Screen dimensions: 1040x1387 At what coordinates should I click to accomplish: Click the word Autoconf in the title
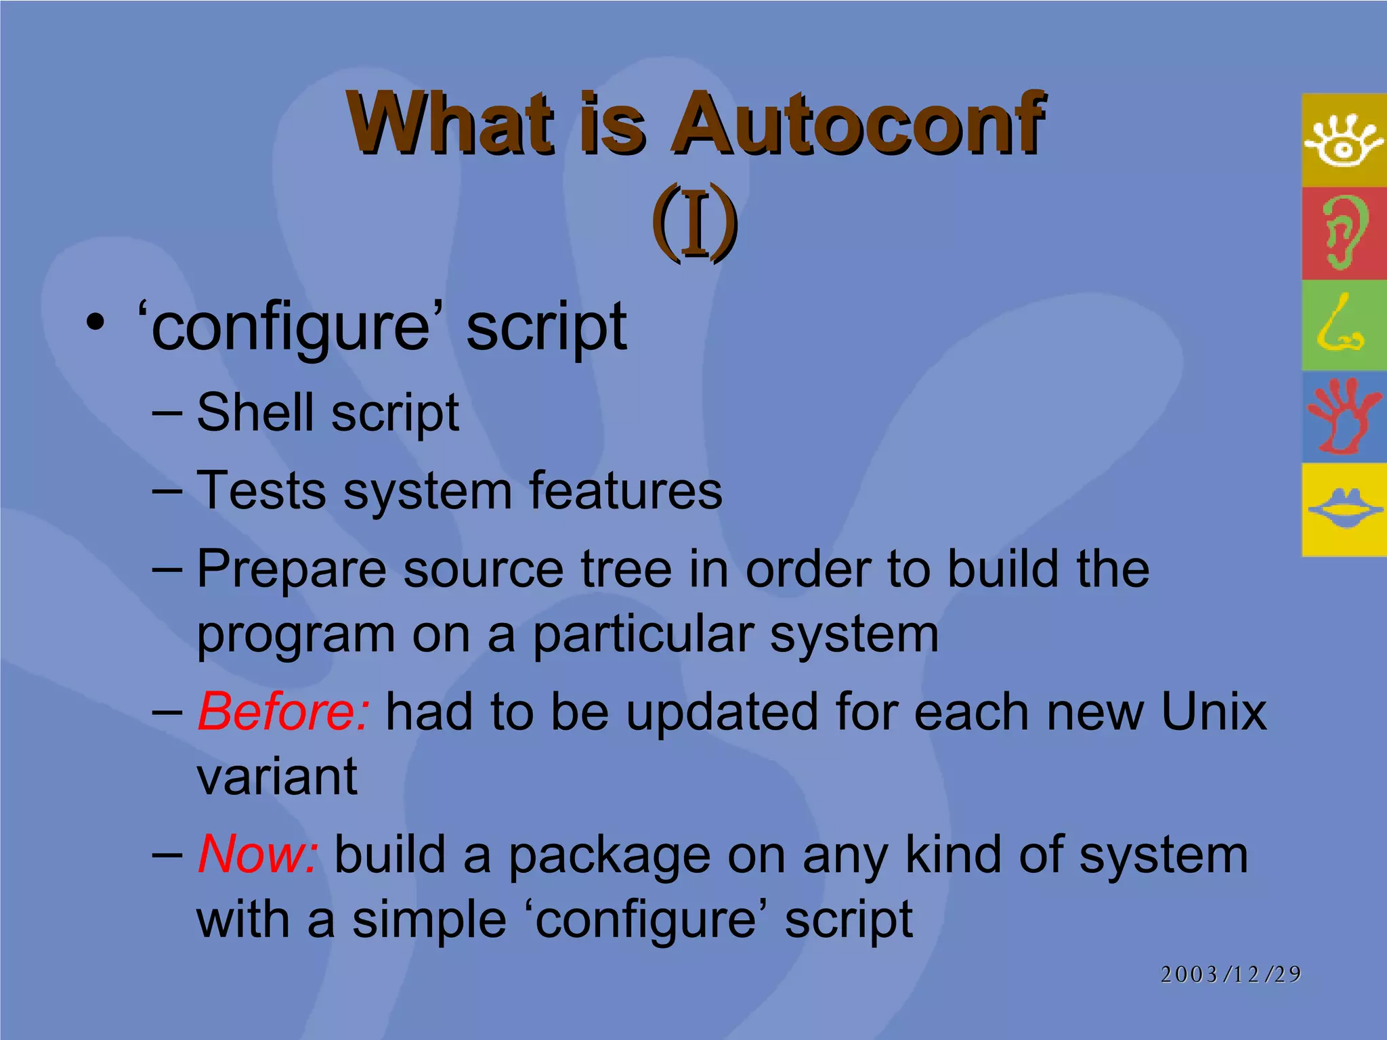click(857, 123)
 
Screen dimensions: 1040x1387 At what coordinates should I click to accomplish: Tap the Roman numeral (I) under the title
click(694, 222)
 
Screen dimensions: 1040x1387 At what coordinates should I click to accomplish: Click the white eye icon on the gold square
click(1344, 141)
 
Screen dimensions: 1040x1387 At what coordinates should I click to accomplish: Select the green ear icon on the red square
click(1344, 232)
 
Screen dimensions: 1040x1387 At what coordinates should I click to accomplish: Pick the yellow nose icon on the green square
click(1340, 326)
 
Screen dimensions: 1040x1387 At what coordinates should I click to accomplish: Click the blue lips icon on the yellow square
click(1344, 509)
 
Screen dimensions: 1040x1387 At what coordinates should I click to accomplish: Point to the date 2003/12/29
click(1231, 974)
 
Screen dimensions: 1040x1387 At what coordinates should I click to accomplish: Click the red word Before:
click(283, 712)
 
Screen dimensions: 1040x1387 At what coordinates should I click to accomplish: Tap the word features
click(624, 490)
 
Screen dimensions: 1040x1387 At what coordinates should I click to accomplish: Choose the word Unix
click(1213, 712)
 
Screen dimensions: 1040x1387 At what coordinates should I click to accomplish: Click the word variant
click(277, 777)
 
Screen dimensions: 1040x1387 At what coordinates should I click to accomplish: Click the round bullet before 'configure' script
click(95, 323)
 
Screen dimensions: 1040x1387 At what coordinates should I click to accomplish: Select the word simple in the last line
click(429, 919)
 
